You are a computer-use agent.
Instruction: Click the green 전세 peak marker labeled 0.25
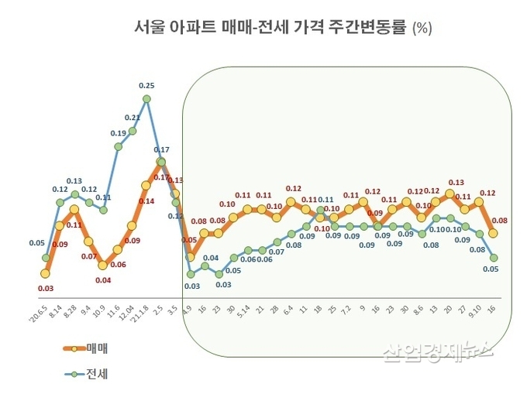(146, 98)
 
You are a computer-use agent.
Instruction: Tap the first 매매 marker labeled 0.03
(46, 273)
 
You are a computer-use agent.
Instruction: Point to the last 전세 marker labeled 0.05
(494, 258)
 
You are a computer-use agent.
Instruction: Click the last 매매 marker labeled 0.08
(494, 233)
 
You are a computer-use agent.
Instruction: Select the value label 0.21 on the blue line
(132, 118)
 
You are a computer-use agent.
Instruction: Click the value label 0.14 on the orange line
(146, 200)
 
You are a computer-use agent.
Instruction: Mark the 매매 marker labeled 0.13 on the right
(450, 194)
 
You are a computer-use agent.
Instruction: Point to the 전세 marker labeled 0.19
(118, 146)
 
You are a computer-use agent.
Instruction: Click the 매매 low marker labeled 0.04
(103, 266)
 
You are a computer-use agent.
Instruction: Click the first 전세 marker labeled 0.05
(46, 258)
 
